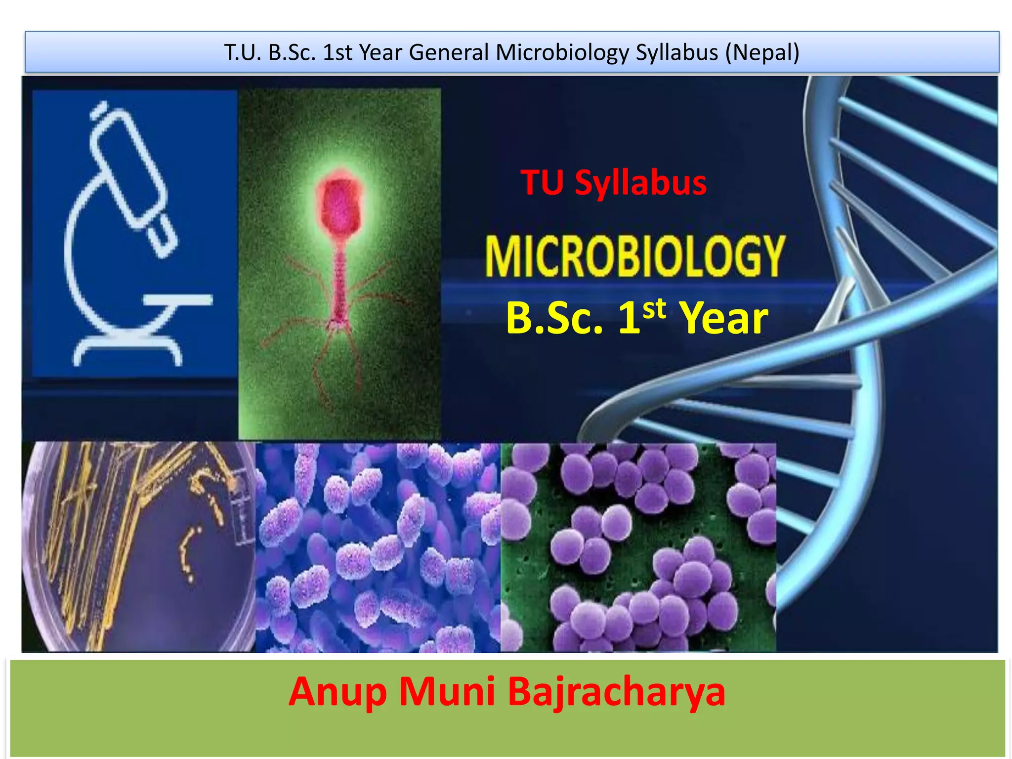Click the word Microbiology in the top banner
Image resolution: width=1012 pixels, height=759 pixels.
(x=562, y=52)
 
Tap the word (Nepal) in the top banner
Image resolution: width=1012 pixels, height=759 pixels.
(x=762, y=52)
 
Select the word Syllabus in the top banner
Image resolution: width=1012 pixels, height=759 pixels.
(x=676, y=52)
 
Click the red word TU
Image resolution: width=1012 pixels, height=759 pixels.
(x=542, y=183)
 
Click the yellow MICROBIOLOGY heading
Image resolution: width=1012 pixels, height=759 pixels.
(x=634, y=256)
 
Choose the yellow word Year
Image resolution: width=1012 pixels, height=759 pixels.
(x=723, y=318)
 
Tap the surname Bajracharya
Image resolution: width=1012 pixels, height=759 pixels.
(x=616, y=692)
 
